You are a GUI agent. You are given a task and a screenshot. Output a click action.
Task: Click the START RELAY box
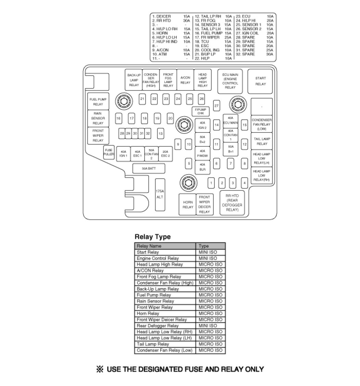click(x=260, y=81)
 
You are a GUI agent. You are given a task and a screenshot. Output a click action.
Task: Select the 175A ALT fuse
click(x=160, y=194)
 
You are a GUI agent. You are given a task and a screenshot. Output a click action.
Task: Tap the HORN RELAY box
click(x=188, y=205)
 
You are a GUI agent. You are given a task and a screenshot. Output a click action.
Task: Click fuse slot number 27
click(x=216, y=106)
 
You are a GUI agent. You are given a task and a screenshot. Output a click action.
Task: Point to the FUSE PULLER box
click(x=109, y=152)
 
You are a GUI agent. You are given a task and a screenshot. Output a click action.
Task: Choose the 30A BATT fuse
click(x=149, y=168)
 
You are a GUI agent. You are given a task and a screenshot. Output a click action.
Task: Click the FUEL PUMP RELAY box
click(x=98, y=102)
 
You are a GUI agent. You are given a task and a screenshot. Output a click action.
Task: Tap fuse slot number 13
click(x=160, y=133)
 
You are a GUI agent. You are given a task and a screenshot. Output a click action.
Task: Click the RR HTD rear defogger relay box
click(x=232, y=203)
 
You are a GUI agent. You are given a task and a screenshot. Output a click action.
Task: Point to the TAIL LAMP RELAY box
click(x=262, y=141)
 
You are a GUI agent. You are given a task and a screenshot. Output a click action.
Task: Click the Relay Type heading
click(x=152, y=237)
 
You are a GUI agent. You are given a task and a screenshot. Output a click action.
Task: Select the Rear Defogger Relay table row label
click(x=158, y=326)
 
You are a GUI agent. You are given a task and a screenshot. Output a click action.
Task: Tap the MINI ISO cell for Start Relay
click(x=208, y=252)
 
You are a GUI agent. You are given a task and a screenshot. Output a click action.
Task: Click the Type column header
click(x=203, y=246)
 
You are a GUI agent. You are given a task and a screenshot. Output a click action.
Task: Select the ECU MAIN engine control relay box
click(x=230, y=81)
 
